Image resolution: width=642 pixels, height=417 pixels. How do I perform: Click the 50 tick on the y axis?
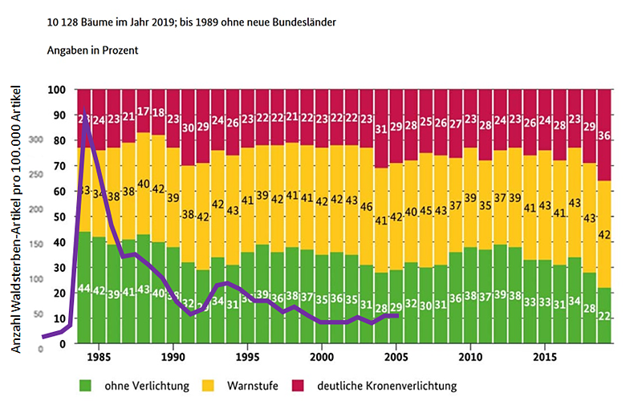58,217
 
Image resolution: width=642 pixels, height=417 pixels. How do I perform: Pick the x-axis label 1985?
100,354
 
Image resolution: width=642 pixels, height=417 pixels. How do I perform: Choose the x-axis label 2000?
322,354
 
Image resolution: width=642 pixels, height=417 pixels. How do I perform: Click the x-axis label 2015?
546,354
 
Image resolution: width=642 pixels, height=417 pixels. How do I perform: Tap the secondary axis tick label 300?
36,140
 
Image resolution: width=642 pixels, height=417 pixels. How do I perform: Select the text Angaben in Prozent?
93,51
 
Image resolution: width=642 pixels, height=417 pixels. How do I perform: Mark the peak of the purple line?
85,110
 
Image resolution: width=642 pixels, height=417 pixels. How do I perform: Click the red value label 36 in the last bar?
606,136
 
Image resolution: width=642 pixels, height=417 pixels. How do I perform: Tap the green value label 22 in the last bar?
606,316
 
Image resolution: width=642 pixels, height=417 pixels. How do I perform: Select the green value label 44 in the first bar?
83,288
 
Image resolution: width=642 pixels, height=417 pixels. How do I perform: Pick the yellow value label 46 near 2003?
367,207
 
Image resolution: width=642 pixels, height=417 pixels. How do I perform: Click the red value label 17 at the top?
143,111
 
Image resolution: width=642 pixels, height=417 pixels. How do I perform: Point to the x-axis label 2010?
471,354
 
